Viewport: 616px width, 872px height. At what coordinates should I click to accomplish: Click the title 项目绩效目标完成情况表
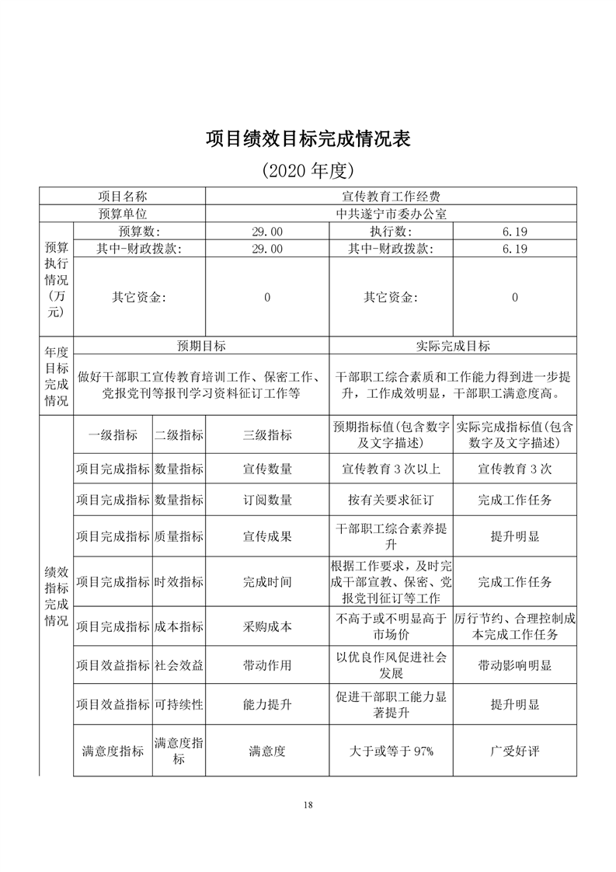coord(308,138)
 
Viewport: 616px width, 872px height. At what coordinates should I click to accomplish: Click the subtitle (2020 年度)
coord(308,169)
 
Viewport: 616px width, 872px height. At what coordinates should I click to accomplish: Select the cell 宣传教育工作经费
coord(391,197)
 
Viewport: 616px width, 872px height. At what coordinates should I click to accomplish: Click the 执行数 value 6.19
coord(514,232)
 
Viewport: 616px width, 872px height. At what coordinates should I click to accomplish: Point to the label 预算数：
coord(139,232)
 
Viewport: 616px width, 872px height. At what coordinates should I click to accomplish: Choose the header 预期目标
coord(201,346)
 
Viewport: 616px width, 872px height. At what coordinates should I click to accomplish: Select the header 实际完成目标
coord(453,346)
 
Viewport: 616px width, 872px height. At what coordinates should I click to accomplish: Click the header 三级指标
coord(267,435)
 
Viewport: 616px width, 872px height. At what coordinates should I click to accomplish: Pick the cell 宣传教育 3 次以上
coord(391,469)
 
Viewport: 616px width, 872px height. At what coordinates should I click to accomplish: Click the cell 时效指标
coord(179,581)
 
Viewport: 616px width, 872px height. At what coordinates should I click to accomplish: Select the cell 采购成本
coord(267,626)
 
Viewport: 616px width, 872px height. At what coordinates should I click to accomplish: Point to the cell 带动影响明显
coord(514,666)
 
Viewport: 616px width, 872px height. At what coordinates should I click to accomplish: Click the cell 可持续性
coord(179,705)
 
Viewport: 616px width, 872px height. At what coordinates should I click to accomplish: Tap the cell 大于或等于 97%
coord(391,751)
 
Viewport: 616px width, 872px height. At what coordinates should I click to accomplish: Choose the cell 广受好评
coord(514,751)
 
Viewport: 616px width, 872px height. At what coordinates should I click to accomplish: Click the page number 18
coord(308,804)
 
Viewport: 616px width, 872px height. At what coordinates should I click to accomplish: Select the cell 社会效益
coord(179,666)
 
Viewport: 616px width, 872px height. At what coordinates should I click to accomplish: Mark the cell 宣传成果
coord(267,536)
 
